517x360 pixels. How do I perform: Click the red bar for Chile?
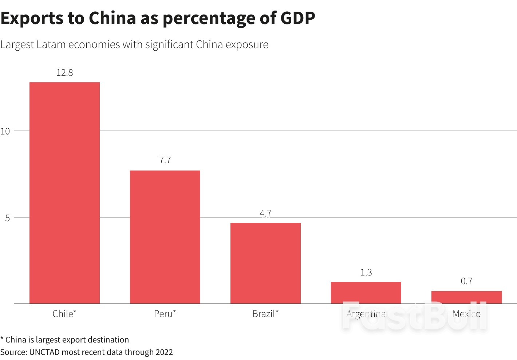(64, 193)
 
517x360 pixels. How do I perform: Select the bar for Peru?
(165, 237)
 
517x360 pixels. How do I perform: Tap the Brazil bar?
(265, 263)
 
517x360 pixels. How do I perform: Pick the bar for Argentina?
(366, 293)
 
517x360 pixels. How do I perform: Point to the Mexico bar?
(466, 297)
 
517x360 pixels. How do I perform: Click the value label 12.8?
(64, 73)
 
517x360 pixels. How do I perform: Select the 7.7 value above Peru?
(165, 160)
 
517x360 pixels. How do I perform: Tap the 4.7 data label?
(265, 213)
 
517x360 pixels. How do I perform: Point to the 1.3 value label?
(366, 273)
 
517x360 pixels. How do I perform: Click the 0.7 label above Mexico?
(466, 281)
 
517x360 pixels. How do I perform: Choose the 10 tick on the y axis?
(5, 131)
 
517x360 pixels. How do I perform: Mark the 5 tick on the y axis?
(7, 218)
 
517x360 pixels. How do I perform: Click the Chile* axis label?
(64, 314)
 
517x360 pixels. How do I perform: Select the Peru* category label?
(165, 314)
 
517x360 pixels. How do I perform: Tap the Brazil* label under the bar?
(265, 314)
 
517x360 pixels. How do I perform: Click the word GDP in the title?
(297, 18)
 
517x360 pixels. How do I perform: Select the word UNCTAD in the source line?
(44, 352)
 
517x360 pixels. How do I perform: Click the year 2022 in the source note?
(164, 352)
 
